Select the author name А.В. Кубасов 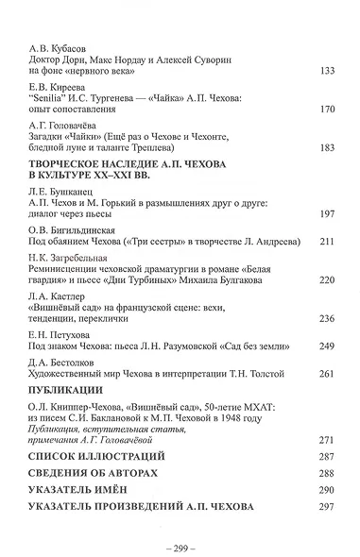coord(56,44)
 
